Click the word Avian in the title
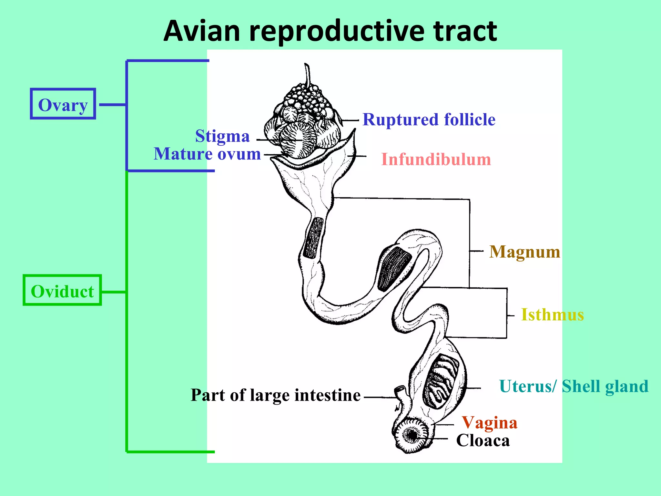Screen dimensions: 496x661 click(x=202, y=31)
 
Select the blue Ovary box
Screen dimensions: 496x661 click(x=63, y=104)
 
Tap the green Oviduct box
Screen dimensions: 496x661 click(x=62, y=291)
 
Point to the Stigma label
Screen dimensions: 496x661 click(x=222, y=136)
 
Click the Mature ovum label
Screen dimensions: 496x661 click(x=207, y=154)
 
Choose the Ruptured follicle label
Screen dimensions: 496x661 click(x=429, y=120)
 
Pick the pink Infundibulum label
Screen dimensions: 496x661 click(x=436, y=160)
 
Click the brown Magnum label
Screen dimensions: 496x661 click(x=525, y=252)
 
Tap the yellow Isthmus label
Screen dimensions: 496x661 click(x=553, y=315)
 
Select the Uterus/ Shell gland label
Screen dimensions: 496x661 click(x=574, y=386)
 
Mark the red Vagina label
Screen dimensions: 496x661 click(x=490, y=423)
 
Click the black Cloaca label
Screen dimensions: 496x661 click(x=483, y=440)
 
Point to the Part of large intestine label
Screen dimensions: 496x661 click(x=276, y=395)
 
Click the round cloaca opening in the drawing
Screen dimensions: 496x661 click(x=412, y=435)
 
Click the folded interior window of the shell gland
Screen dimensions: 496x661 click(x=441, y=381)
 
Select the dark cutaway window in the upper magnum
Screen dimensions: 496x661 click(x=313, y=238)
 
